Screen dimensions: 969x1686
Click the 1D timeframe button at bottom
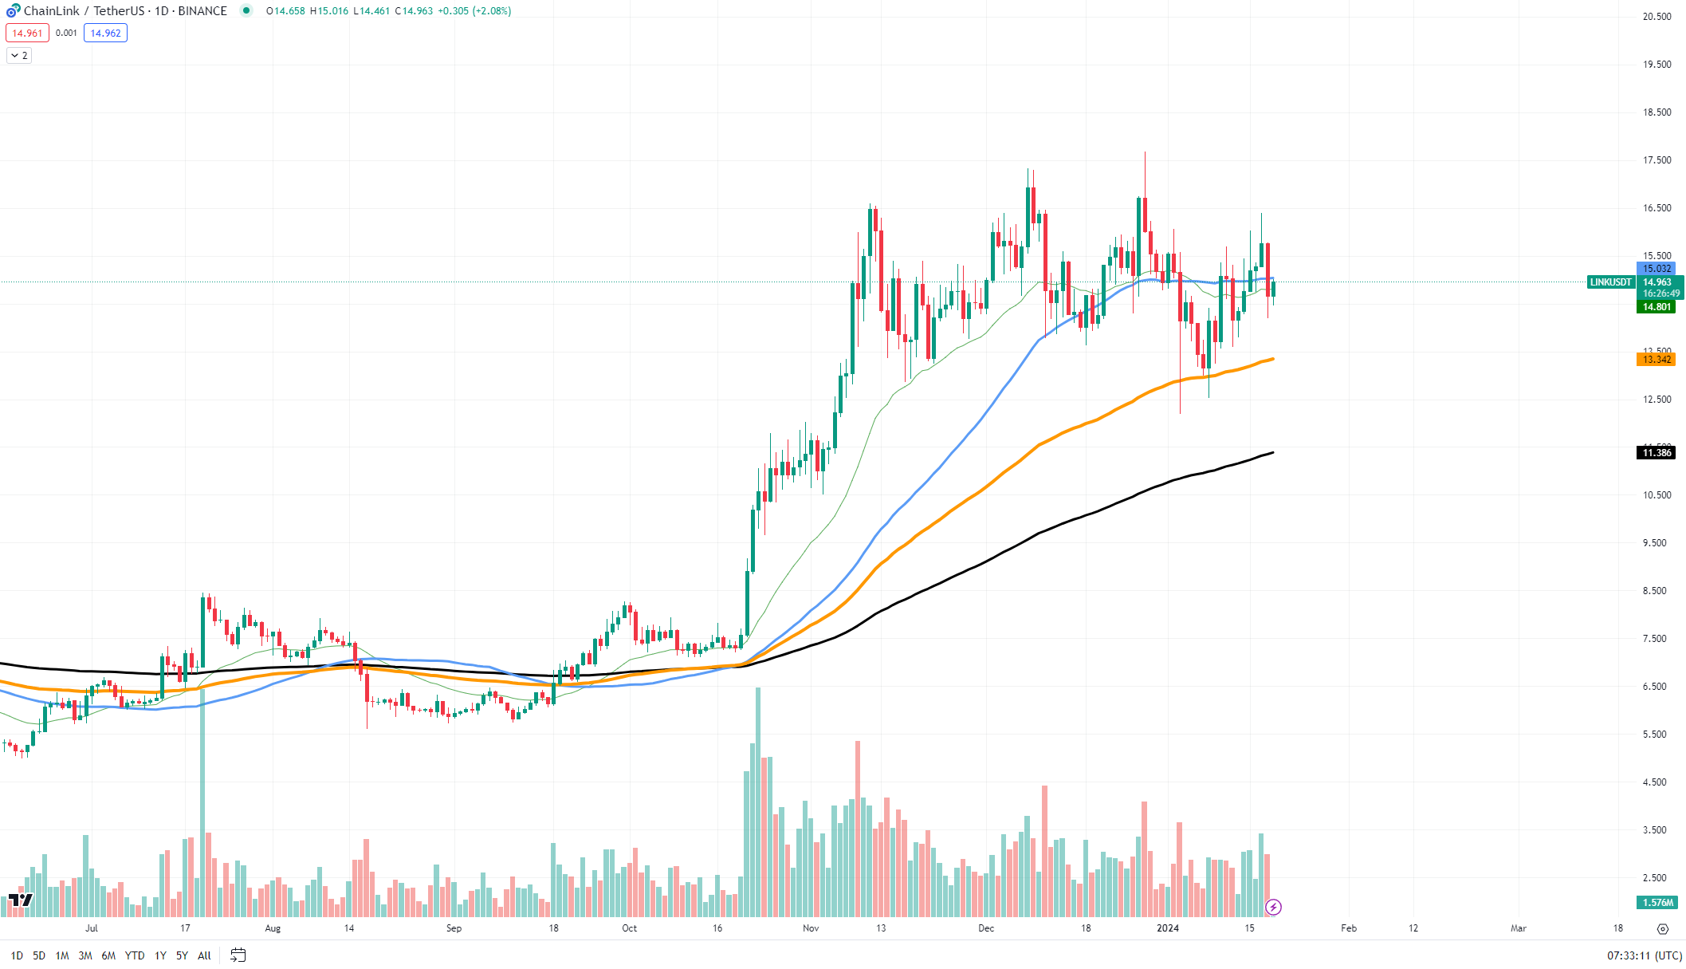click(x=17, y=955)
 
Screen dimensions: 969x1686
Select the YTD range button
click(x=135, y=955)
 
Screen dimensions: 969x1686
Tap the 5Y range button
click(x=182, y=955)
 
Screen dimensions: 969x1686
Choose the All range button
click(x=204, y=955)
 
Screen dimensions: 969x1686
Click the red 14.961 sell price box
click(x=27, y=33)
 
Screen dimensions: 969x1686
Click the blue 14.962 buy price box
click(x=105, y=33)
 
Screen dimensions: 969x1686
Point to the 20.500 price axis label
click(x=1657, y=17)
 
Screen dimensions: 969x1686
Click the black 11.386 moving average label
click(x=1656, y=453)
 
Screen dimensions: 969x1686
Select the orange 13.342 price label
click(x=1656, y=360)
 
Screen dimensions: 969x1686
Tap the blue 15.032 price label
click(x=1656, y=269)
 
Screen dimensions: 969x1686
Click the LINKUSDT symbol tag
click(x=1610, y=282)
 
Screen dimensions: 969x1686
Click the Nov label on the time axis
click(x=811, y=928)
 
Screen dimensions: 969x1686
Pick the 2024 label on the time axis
click(x=1168, y=928)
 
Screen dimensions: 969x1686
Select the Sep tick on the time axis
click(x=454, y=928)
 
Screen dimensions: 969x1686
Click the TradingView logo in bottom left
click(x=21, y=900)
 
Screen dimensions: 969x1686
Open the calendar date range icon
click(x=238, y=955)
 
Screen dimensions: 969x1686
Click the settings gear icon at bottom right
click(x=1662, y=929)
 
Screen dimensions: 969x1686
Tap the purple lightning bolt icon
click(x=1273, y=907)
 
